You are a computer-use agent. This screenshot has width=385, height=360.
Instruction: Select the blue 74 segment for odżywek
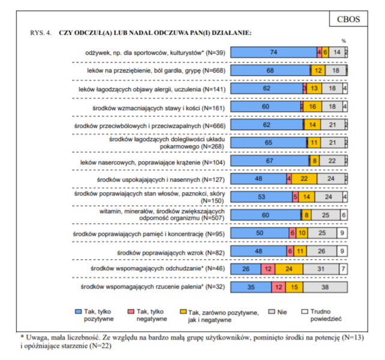pyautogui.click(x=273, y=53)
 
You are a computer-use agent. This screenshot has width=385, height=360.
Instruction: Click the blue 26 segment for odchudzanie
pyautogui.click(x=245, y=269)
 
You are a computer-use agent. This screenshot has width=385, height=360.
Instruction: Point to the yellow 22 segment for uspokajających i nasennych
pyautogui.click(x=304, y=178)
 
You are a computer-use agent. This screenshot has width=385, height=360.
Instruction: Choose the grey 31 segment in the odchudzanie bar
pyautogui.click(x=321, y=269)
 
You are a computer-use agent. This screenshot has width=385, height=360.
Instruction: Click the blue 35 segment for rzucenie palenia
pyautogui.click(x=250, y=288)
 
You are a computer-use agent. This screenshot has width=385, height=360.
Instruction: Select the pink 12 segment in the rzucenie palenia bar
pyautogui.click(x=277, y=288)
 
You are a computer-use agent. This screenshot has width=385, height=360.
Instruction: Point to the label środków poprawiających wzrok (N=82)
pyautogui.click(x=171, y=252)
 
